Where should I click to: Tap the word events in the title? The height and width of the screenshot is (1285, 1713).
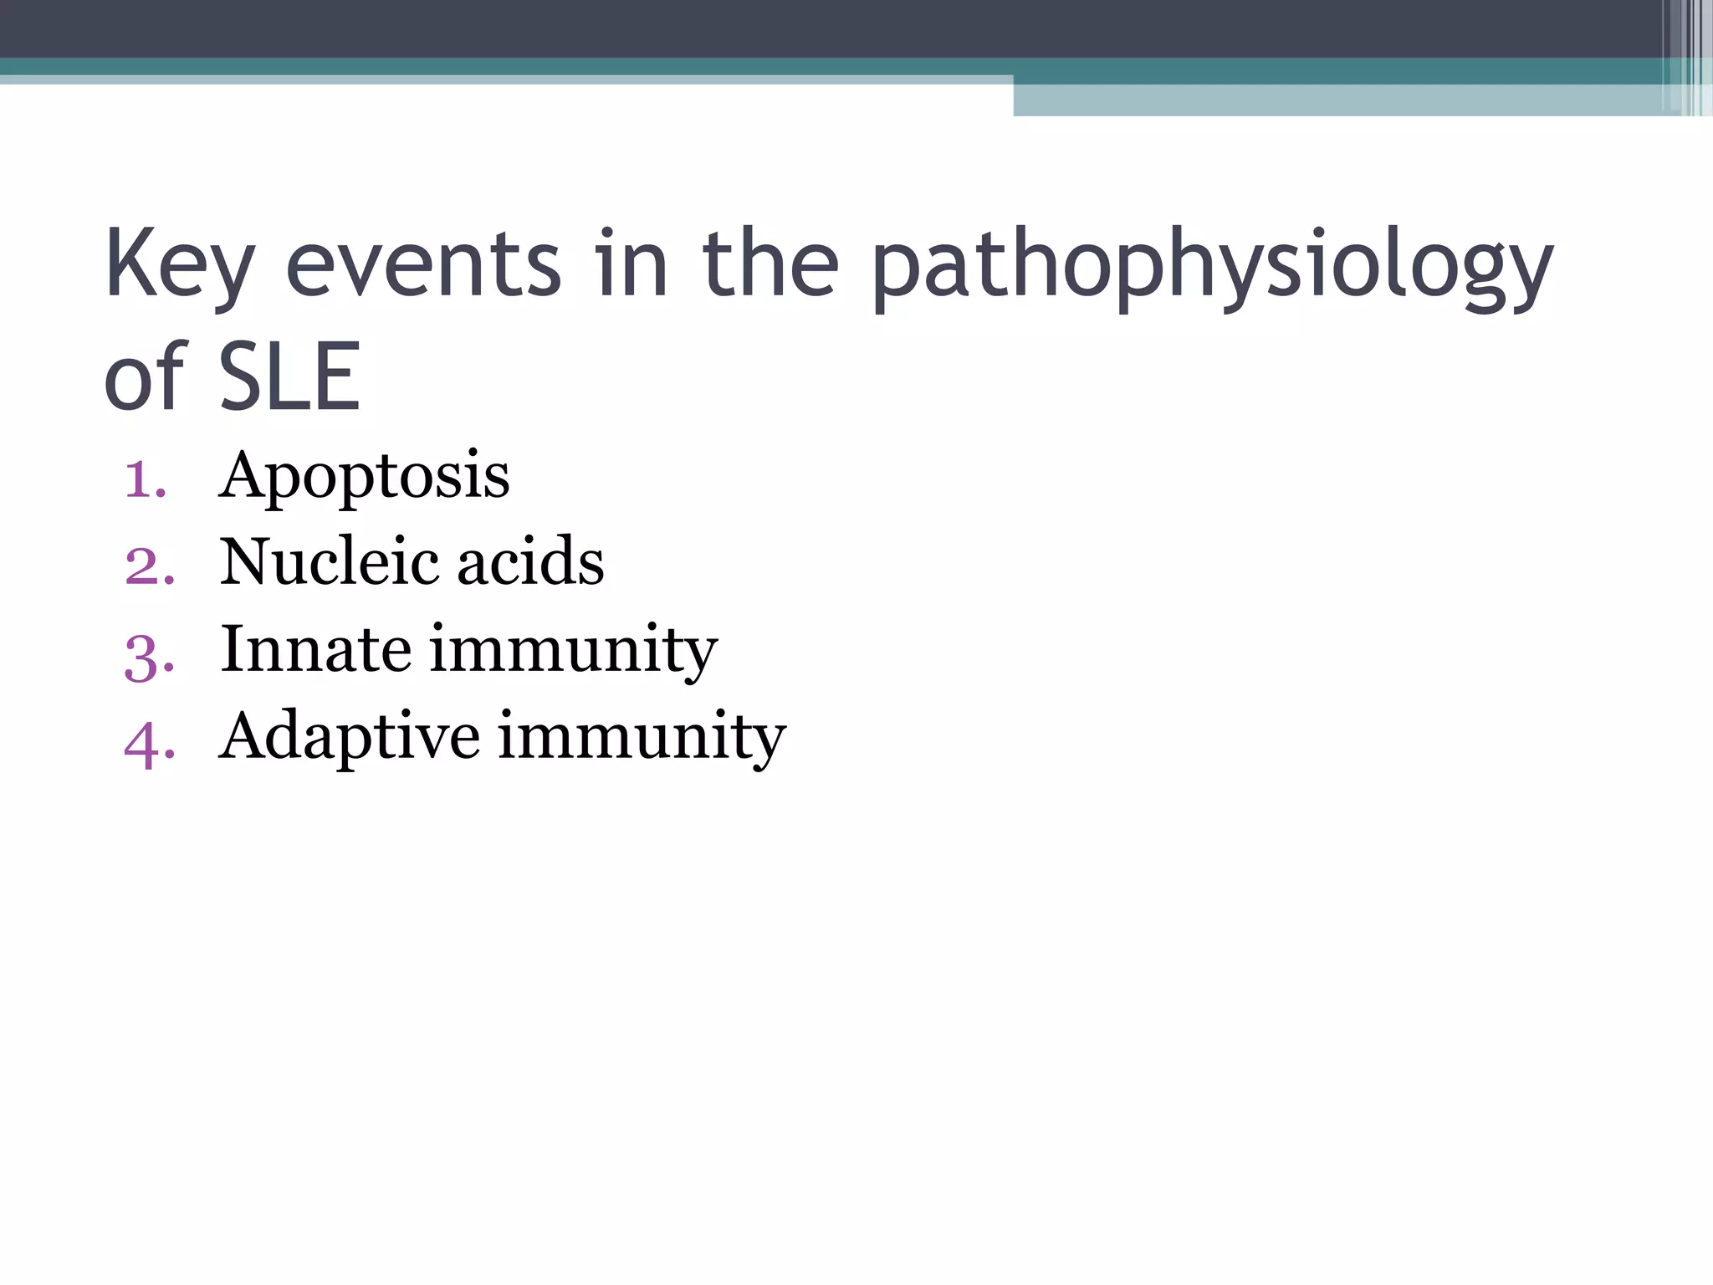coord(423,266)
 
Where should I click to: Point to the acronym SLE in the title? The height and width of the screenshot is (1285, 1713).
coord(290,378)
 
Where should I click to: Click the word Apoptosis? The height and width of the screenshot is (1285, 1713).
coord(364,477)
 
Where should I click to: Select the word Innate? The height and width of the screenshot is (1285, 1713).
coord(315,649)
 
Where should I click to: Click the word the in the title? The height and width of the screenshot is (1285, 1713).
coord(770,266)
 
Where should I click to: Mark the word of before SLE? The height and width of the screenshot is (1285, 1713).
coord(144,378)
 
